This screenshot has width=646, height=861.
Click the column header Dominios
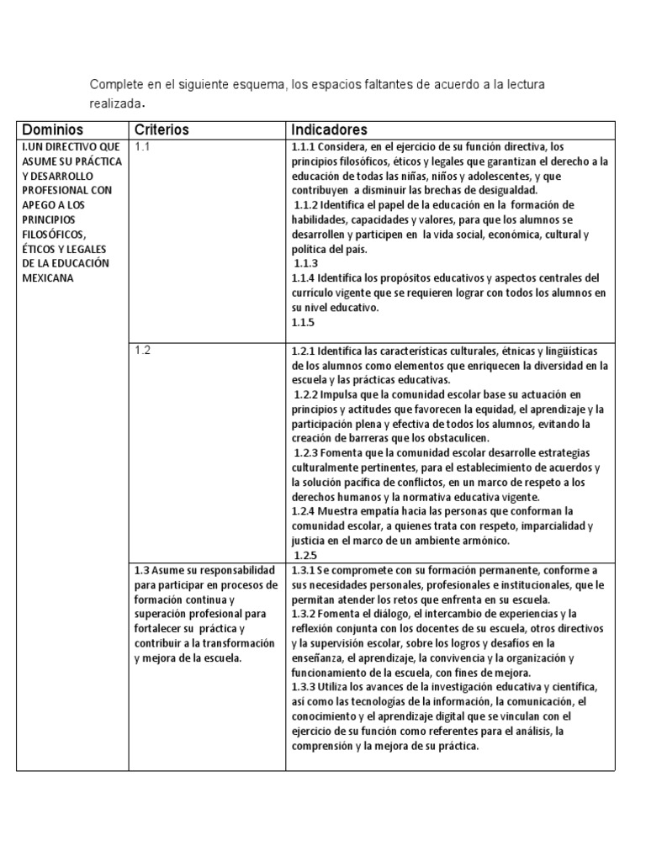point(53,129)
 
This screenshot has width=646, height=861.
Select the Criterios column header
point(161,129)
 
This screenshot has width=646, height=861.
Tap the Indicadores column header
point(329,129)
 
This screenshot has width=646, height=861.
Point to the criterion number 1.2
point(143,350)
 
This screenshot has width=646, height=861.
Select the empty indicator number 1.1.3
point(305,263)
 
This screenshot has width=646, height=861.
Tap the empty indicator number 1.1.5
point(303,322)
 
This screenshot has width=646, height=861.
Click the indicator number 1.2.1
point(303,351)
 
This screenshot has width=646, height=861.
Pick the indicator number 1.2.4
point(303,510)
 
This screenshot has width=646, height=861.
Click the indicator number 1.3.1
point(303,569)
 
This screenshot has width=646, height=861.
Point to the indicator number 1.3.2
point(303,615)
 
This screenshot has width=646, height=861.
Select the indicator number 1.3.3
point(303,687)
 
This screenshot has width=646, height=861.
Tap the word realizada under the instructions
point(113,103)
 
